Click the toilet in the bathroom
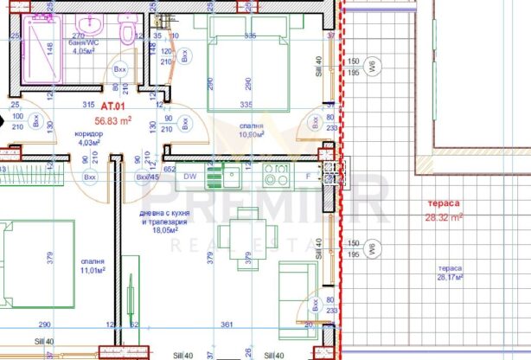coord(127,33)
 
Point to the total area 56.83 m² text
coord(112,121)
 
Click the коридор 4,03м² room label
coord(90,138)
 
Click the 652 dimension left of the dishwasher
coord(170,170)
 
